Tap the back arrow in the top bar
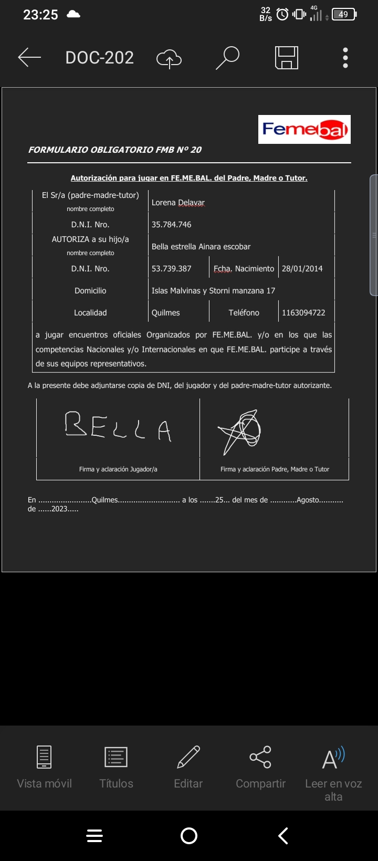29,57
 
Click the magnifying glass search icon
227,58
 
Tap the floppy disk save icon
287,58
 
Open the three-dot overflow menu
345,58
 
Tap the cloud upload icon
169,58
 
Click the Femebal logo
304,129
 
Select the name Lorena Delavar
178,203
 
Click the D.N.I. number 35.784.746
172,225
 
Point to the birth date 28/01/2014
302,269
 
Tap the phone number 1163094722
303,313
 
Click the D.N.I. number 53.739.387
172,269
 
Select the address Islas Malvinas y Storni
213,291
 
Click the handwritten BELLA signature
118,426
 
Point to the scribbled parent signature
240,430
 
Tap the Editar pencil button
188,766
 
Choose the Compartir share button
260,766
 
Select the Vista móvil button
44,766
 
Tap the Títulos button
116,766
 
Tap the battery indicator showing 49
344,15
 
